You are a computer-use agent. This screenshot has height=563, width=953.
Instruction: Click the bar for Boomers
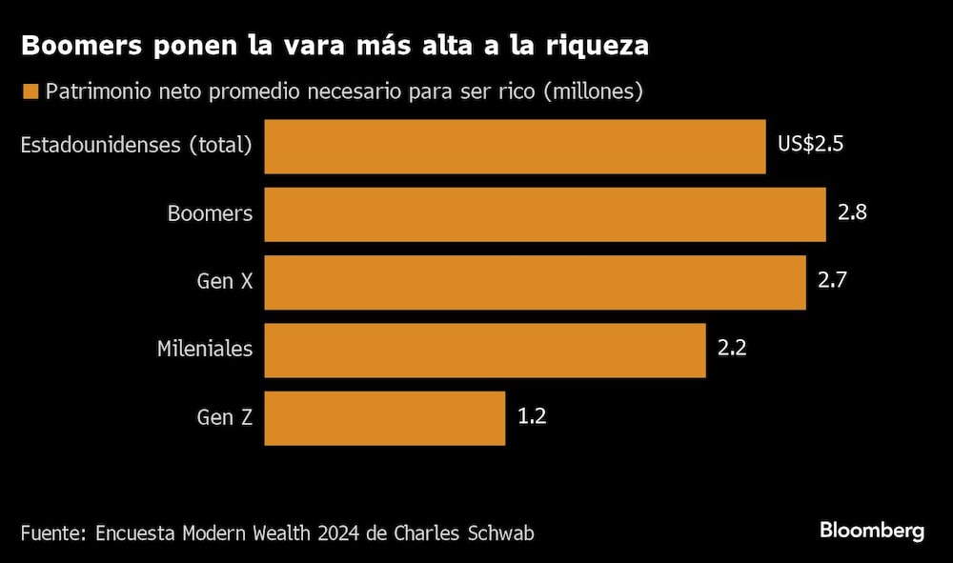(545, 214)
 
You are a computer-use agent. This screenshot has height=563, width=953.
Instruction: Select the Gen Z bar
(384, 417)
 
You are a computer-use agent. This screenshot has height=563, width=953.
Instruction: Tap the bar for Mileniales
(485, 350)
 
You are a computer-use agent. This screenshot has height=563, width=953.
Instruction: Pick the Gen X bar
(535, 282)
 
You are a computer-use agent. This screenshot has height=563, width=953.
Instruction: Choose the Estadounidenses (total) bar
(515, 147)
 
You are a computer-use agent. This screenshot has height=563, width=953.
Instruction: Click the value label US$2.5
(811, 146)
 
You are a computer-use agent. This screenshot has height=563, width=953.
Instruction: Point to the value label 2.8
(852, 213)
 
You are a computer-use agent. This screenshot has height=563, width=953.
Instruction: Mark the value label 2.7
(832, 281)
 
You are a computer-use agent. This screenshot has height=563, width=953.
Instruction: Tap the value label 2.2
(732, 349)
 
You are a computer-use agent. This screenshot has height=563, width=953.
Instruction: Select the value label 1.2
(532, 416)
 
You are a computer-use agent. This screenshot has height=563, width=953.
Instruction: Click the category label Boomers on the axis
(210, 213)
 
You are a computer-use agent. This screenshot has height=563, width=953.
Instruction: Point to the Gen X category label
(225, 281)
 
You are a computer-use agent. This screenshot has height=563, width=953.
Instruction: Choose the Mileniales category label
(205, 349)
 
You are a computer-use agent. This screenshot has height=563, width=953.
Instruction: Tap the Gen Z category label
(225, 416)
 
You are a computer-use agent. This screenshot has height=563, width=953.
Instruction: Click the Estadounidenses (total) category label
(136, 146)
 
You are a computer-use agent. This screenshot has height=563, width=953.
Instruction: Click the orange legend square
(30, 92)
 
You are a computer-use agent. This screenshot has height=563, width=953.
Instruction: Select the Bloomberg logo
(872, 531)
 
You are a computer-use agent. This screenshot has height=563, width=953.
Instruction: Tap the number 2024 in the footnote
(338, 532)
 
